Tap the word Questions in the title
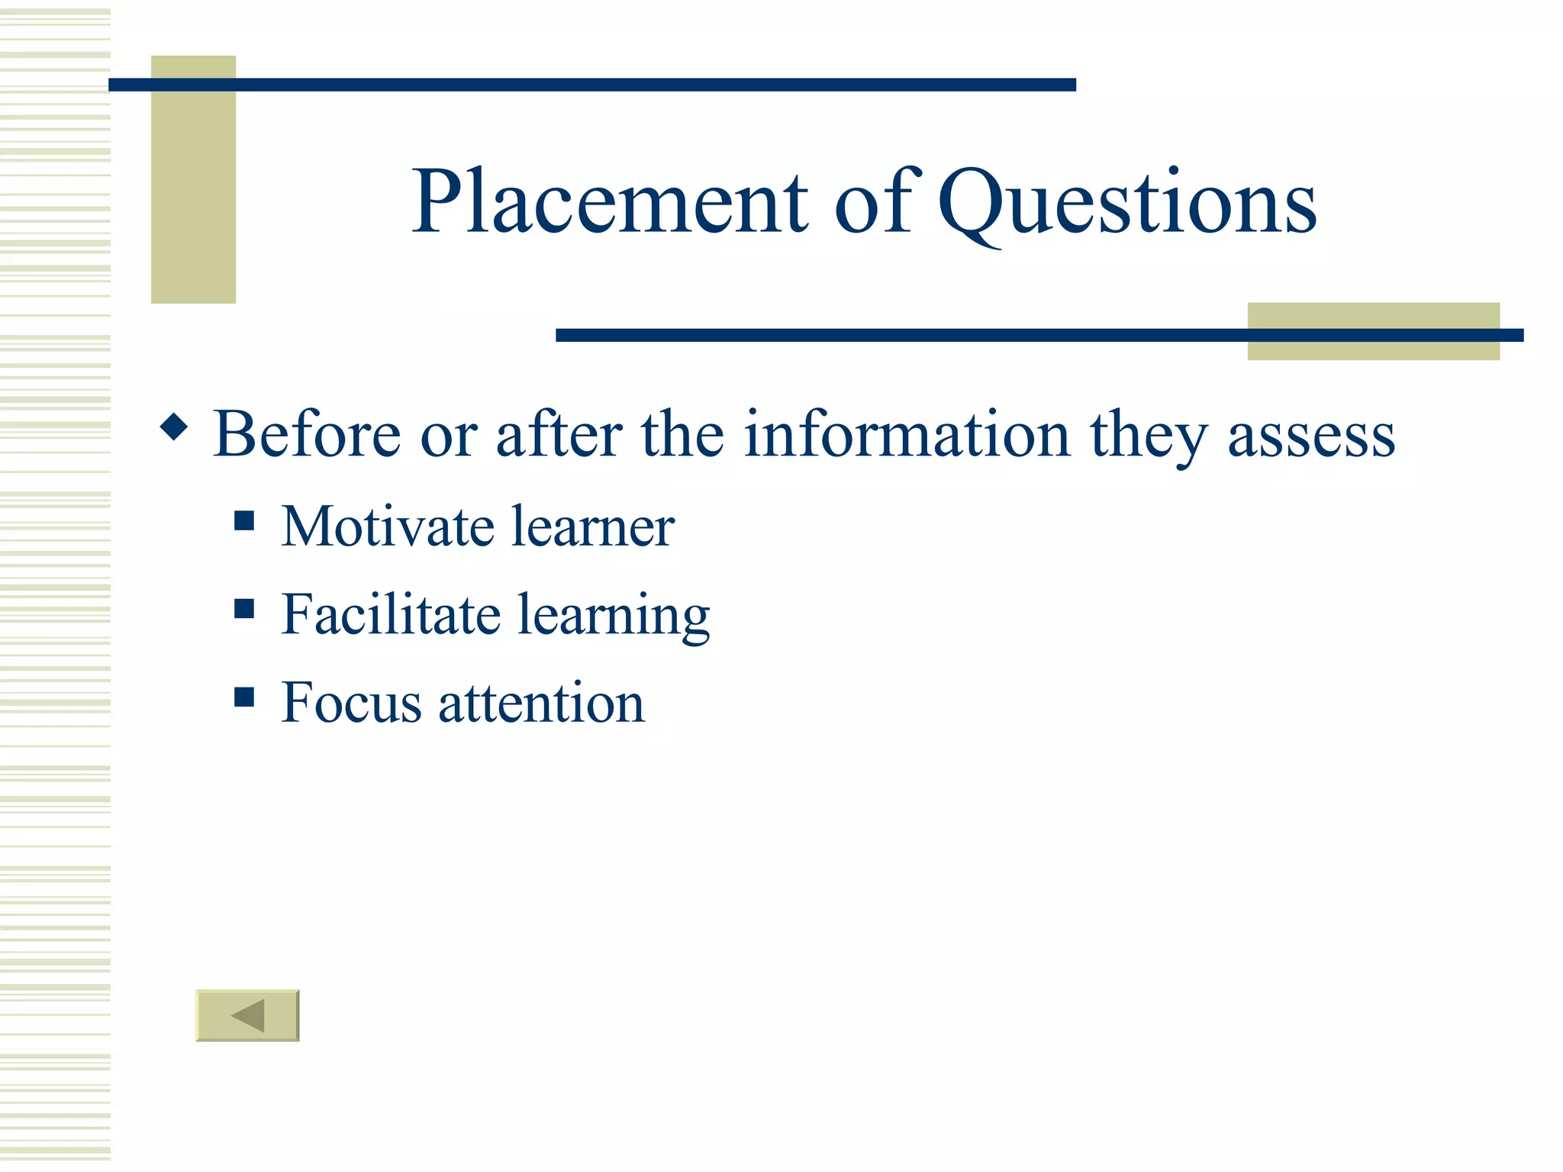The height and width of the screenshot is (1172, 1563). (x=1126, y=203)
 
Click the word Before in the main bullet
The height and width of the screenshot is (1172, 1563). (x=307, y=434)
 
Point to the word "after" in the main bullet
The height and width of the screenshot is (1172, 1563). (x=559, y=434)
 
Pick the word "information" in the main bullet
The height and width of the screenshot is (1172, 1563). (x=907, y=434)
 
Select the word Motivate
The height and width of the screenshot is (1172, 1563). (x=388, y=526)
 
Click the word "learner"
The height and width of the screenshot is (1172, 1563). (x=593, y=526)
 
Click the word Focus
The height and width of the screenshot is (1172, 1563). (x=351, y=702)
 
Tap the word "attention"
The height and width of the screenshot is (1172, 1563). (x=541, y=703)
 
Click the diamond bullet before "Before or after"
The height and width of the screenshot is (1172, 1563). (x=174, y=427)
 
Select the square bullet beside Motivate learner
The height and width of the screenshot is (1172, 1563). (x=244, y=520)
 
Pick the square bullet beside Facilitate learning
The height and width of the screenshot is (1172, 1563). (x=244, y=608)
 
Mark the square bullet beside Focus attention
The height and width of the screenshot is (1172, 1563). (x=244, y=697)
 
